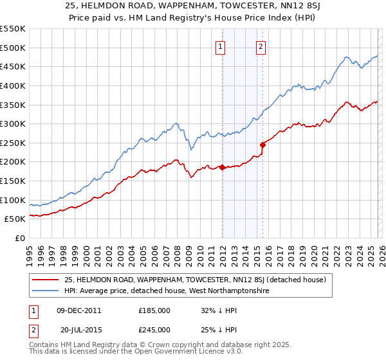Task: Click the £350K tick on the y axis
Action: [13, 104]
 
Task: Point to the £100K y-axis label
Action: [13, 200]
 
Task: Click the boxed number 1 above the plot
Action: [221, 46]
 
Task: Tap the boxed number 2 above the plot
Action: [261, 46]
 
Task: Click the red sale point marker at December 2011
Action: [222, 167]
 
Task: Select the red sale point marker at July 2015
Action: [263, 145]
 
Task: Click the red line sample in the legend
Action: [46, 280]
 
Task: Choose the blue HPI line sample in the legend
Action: [46, 291]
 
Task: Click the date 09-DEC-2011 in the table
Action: [78, 310]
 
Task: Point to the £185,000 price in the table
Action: [154, 310]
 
